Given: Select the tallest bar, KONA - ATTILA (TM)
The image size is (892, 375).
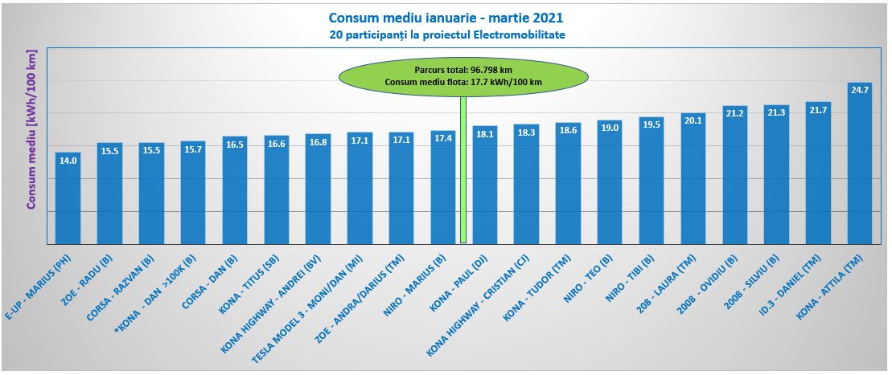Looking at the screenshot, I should (x=860, y=169).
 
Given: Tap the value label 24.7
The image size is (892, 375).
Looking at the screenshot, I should (x=860, y=90).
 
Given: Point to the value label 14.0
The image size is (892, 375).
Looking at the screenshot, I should (x=68, y=160).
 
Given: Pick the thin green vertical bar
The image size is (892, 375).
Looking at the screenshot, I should (x=463, y=169).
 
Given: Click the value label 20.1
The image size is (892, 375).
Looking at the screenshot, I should (x=693, y=120).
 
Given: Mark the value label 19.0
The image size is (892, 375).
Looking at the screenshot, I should (x=610, y=128).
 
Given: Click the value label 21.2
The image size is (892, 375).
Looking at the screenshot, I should (x=734, y=113).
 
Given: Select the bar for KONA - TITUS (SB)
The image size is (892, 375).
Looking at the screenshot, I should (x=276, y=195).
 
